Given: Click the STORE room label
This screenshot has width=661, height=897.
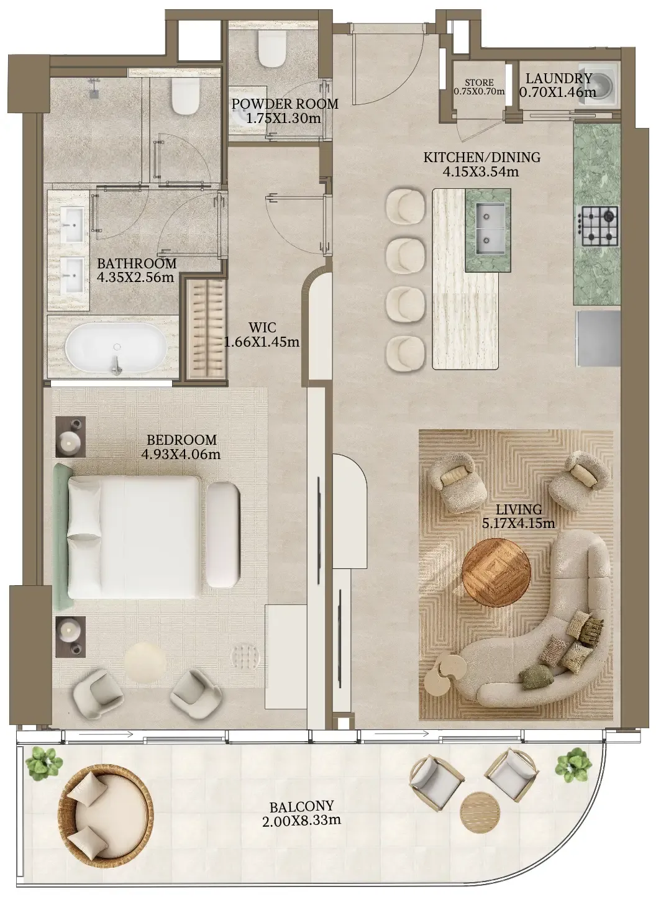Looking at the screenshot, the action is [x=479, y=83].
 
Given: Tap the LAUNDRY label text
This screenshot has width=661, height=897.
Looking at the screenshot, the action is [x=559, y=78].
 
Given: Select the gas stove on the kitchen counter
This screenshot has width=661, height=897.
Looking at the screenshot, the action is [x=598, y=226].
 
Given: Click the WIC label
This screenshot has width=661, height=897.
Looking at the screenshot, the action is [x=262, y=327].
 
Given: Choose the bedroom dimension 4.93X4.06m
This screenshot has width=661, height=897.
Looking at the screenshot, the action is [x=181, y=454].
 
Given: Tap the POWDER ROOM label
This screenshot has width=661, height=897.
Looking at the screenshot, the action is [x=285, y=104].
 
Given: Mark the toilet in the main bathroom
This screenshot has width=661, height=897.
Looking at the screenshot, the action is [x=185, y=96].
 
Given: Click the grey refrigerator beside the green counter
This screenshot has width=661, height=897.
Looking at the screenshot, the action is [x=598, y=339].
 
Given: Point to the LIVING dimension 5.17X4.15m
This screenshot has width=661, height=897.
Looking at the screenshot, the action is [x=519, y=523].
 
